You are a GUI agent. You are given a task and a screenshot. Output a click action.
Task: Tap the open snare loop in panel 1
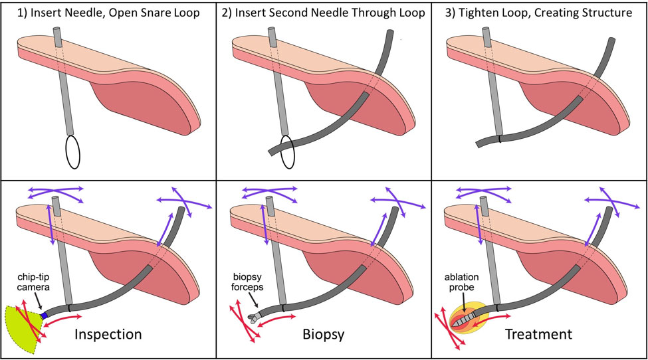coord(72,151)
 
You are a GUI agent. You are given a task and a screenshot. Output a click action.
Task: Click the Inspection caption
coord(108,333)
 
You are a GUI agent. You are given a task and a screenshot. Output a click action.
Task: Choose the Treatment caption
coord(538,333)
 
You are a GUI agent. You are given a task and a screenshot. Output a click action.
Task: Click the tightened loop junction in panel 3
coord(500,139)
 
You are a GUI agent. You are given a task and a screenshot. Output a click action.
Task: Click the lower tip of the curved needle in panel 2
coord(271,151)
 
